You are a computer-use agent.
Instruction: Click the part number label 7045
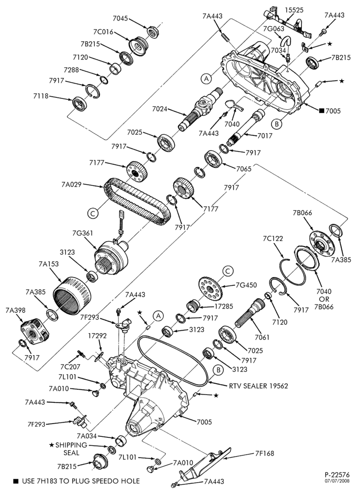tap(120, 19)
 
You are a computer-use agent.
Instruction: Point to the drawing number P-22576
tap(337, 475)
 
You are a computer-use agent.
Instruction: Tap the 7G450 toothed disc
tap(210, 288)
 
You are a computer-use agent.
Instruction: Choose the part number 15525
tap(294, 10)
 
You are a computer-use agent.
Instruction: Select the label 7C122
tap(272, 239)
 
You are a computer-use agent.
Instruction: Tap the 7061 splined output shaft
tap(250, 312)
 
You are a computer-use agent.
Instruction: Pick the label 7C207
tap(70, 367)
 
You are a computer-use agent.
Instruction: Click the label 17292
tap(97, 336)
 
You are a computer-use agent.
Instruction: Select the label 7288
tap(71, 70)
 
